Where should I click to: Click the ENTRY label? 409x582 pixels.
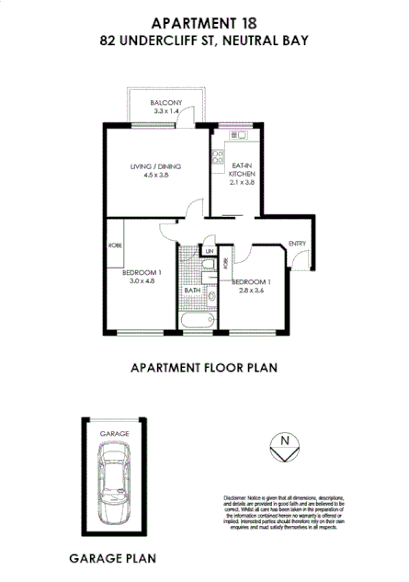click(297, 243)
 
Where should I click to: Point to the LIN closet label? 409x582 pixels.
click(210, 250)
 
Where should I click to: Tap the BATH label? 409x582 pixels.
click(192, 291)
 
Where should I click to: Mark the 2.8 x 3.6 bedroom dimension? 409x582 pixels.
click(251, 291)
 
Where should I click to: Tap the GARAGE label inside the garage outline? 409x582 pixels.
click(114, 433)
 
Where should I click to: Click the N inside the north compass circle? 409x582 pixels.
click(285, 439)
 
